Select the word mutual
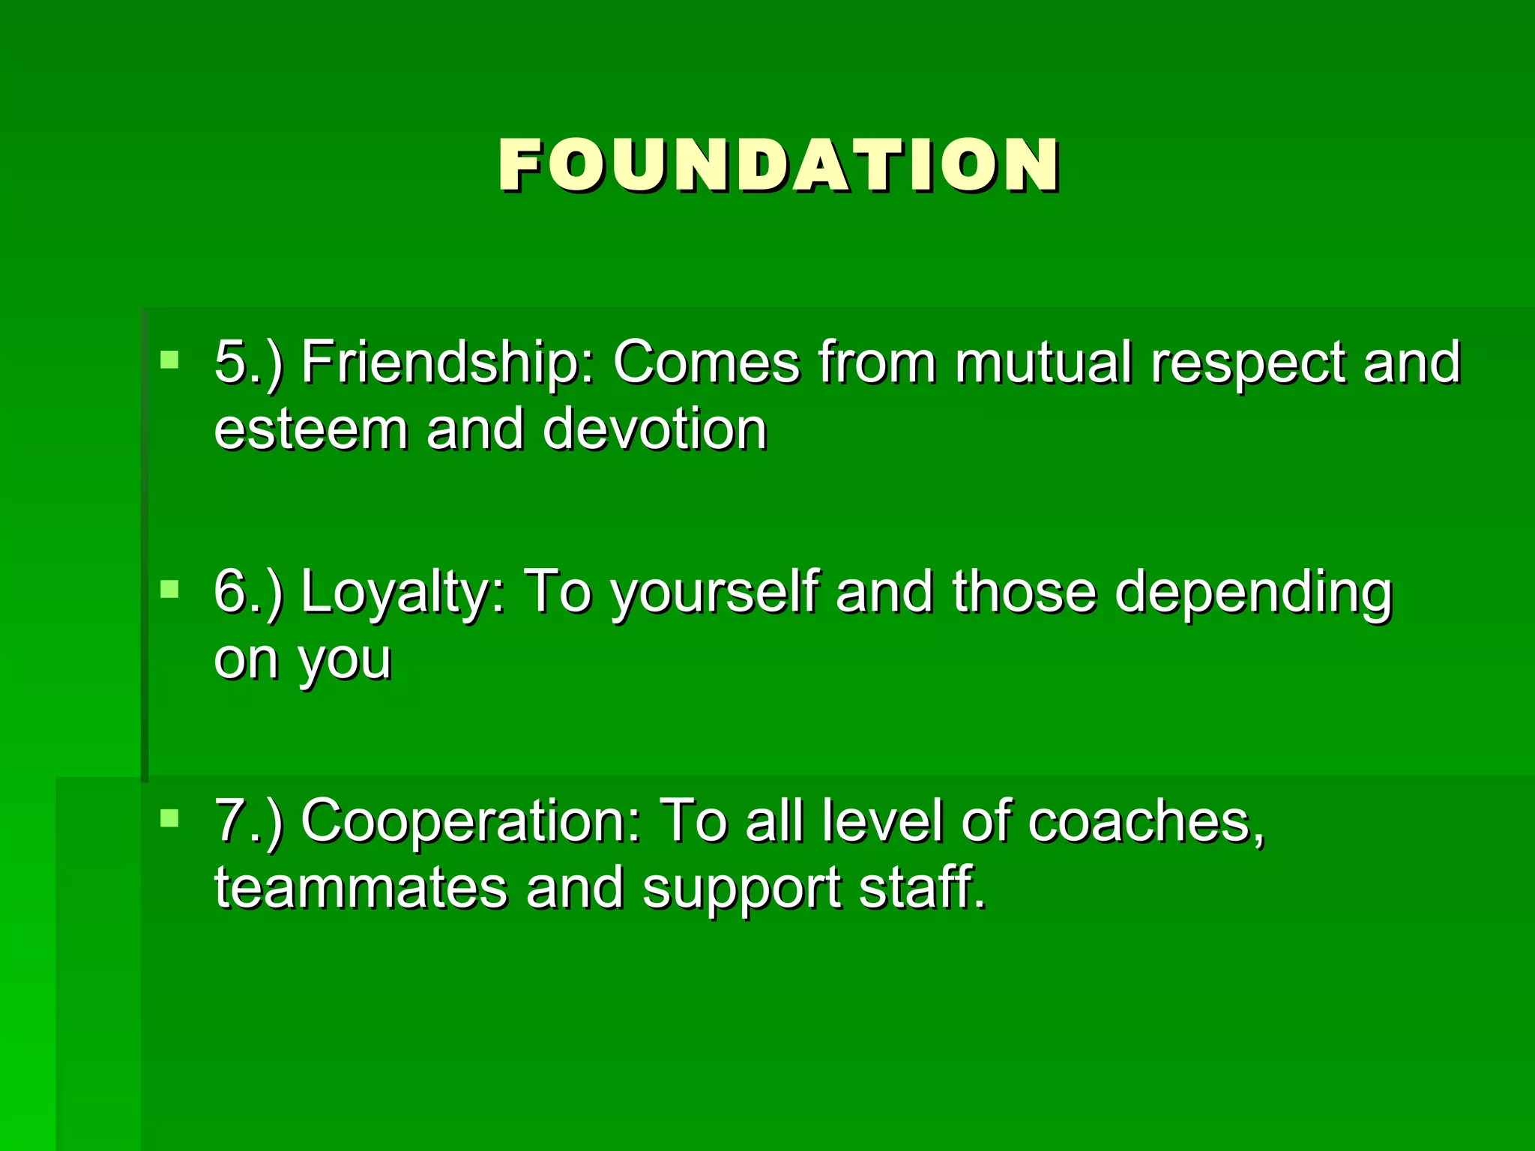1043,363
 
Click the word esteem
310,430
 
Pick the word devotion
654,430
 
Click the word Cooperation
471,821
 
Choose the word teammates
361,889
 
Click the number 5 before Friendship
231,363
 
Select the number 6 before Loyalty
231,592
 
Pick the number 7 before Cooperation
231,821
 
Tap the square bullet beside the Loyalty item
170,589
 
